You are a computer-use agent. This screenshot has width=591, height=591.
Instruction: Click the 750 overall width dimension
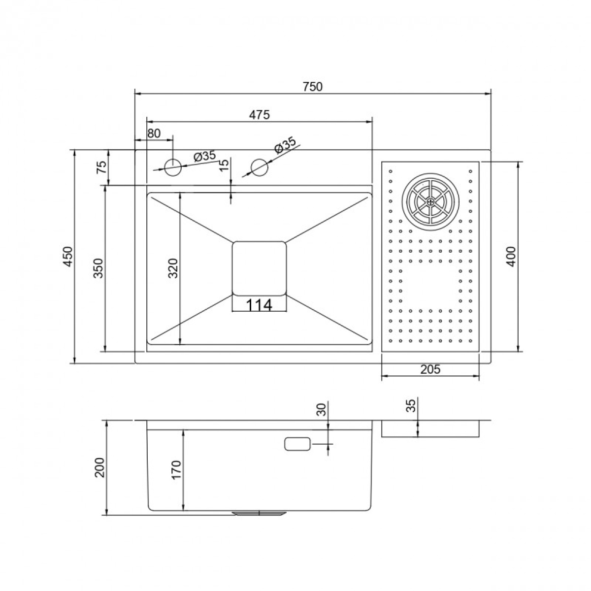click(313, 87)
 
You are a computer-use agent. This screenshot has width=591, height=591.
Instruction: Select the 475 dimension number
click(259, 115)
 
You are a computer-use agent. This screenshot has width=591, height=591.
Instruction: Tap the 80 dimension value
click(154, 133)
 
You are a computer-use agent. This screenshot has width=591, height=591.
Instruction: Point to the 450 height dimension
click(68, 256)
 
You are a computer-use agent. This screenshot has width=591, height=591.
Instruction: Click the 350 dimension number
click(98, 268)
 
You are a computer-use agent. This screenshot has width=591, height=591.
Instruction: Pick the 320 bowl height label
click(173, 268)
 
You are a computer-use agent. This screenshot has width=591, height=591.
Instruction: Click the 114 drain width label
click(259, 305)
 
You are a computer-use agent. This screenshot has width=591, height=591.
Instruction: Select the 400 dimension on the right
click(511, 256)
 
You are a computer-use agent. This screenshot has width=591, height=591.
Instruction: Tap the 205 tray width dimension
click(430, 369)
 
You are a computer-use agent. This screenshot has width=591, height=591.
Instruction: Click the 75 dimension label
click(102, 167)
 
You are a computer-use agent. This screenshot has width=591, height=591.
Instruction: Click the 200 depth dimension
click(100, 467)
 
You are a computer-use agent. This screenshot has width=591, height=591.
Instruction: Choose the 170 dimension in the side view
click(177, 469)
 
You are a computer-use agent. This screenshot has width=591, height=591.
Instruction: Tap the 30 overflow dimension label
click(321, 409)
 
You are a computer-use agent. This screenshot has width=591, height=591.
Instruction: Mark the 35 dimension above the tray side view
click(412, 405)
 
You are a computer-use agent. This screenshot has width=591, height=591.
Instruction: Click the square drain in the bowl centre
click(259, 268)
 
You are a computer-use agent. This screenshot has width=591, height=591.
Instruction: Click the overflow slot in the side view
click(297, 444)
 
